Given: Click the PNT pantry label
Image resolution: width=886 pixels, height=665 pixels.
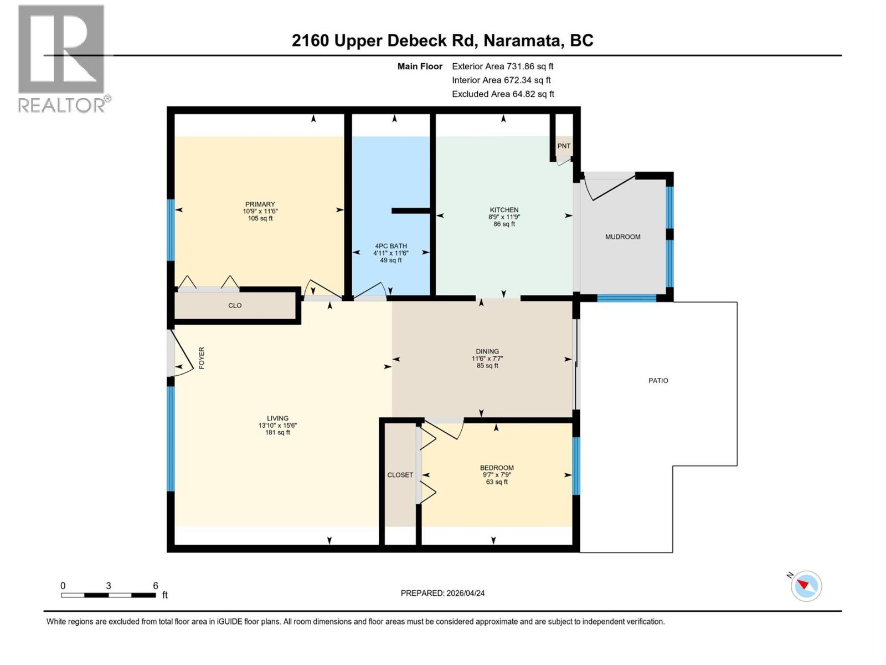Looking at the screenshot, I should pos(564,146).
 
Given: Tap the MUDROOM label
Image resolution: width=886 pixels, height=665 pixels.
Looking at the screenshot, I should pos(622,237).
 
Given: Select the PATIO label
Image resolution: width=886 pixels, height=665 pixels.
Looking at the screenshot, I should pos(658,381).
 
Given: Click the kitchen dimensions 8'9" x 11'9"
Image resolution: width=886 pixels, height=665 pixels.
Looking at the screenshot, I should pos(504,217).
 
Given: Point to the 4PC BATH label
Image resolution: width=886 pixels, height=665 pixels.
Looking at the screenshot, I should pos(390,246).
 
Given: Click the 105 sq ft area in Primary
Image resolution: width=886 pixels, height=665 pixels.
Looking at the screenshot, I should pos(260,218).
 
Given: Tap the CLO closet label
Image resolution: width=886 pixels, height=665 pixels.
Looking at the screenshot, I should pos(235,305).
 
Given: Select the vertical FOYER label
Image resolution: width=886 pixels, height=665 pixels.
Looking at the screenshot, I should pos(202,358).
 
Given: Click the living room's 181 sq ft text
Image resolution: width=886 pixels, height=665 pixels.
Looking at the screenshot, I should pos(277,432).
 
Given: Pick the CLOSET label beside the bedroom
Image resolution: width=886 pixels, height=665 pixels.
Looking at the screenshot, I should pos(400,475).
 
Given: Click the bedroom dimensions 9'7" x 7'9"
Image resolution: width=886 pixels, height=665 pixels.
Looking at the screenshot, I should pos(497,475).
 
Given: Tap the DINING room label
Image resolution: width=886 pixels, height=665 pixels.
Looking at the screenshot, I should pos(487,351).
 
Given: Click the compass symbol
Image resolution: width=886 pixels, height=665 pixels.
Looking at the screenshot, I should pos(806,586).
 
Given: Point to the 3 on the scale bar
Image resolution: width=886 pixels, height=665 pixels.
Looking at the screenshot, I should pos(109,586).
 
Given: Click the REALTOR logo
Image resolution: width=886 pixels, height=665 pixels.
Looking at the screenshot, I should pos(61,58).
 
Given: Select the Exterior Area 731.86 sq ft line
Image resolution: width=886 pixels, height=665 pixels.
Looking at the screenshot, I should pos(502,66).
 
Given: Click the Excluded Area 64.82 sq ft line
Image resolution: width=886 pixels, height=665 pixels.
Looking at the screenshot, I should pos(502,94).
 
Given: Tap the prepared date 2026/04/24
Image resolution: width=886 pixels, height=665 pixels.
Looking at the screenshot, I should pos(464,593).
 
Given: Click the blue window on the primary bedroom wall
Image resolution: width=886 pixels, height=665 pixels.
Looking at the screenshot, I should pos(171,230).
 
